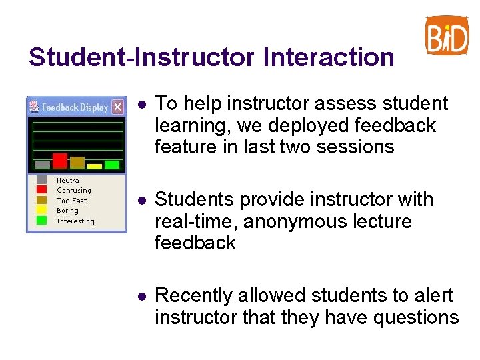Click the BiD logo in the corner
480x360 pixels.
click(447, 35)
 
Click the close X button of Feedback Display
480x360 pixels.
click(117, 107)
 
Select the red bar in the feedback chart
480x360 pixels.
click(60, 161)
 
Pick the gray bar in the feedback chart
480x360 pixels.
click(43, 164)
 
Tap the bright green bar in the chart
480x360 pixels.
click(112, 164)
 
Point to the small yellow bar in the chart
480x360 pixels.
click(95, 165)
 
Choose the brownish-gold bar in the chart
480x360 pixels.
click(77, 162)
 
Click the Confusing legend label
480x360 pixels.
click(74, 190)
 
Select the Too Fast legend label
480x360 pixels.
click(72, 200)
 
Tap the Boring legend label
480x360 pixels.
click(67, 211)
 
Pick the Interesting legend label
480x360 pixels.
click(75, 221)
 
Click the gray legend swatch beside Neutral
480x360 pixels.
click(42, 179)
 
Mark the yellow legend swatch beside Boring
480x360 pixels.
click(42, 211)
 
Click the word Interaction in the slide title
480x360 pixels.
click(329, 57)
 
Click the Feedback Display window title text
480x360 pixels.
click(75, 107)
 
